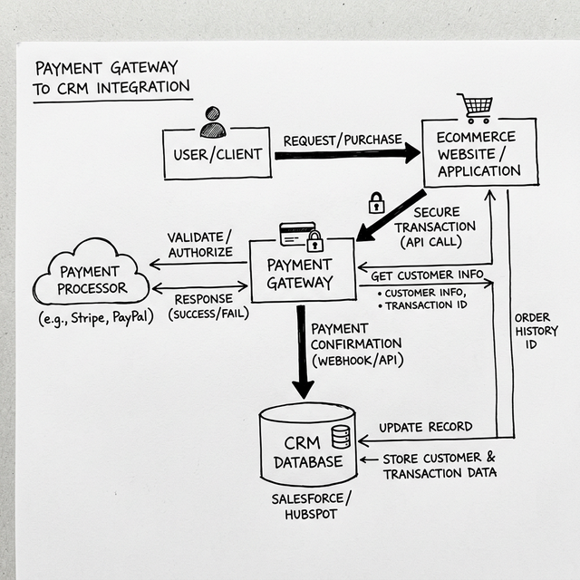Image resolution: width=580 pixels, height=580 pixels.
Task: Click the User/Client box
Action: [217, 154]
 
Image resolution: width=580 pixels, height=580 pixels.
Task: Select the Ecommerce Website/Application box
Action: [478, 153]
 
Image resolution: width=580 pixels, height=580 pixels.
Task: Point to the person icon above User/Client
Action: [213, 121]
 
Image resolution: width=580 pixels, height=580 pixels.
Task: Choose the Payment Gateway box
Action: [300, 273]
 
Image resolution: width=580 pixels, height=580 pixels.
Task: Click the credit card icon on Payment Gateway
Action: [297, 234]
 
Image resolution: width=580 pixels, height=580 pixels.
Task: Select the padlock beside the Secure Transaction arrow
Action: [376, 203]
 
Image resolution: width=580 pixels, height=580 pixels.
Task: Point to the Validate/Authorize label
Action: [199, 245]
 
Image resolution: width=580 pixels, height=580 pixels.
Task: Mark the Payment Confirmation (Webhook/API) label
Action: [356, 344]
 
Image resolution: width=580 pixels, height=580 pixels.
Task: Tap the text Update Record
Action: [426, 427]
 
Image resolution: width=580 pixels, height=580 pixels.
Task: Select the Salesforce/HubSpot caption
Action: [310, 508]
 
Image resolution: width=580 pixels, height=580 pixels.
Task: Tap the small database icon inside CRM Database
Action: [341, 437]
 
